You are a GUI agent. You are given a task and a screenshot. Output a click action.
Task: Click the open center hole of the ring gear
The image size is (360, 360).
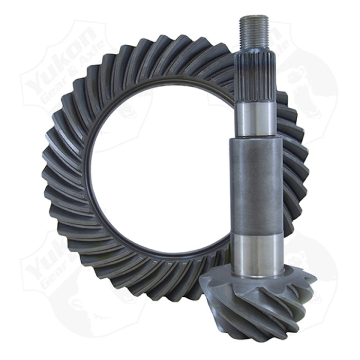[154, 170]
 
